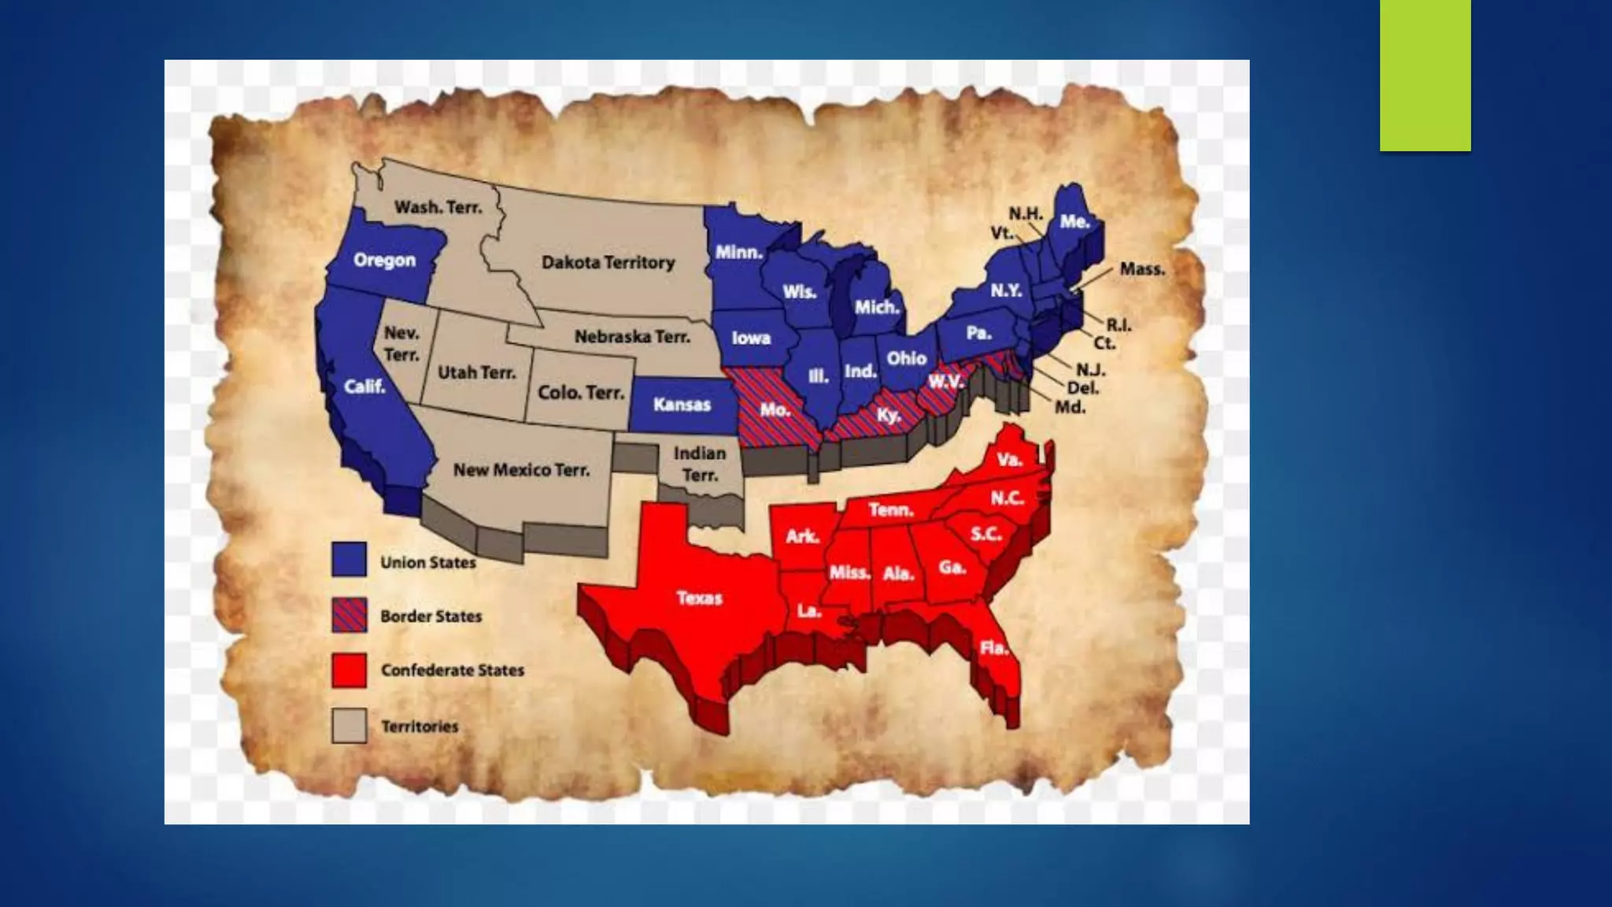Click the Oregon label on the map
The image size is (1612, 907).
coord(384,260)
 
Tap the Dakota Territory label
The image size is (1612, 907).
coord(608,262)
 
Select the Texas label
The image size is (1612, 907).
coord(699,598)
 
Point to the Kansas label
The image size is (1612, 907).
coord(682,405)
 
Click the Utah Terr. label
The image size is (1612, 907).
coord(476,372)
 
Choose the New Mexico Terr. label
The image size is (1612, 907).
coord(521,470)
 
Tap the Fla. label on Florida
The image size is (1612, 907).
coord(993,648)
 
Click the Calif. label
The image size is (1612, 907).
coord(364,387)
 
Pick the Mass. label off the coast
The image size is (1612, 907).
coord(1142,269)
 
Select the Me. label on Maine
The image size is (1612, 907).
coord(1074,222)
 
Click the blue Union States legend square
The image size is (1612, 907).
coord(349,559)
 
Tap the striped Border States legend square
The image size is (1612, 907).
coord(349,615)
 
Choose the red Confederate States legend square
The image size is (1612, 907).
coord(349,670)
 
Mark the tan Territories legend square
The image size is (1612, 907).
coord(349,725)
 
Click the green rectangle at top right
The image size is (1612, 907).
coord(1425,75)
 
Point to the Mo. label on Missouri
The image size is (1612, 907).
coord(775,410)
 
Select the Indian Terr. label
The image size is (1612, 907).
coord(700,464)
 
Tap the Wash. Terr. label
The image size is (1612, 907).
coord(438,207)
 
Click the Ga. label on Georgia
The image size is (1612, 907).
coord(952,567)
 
